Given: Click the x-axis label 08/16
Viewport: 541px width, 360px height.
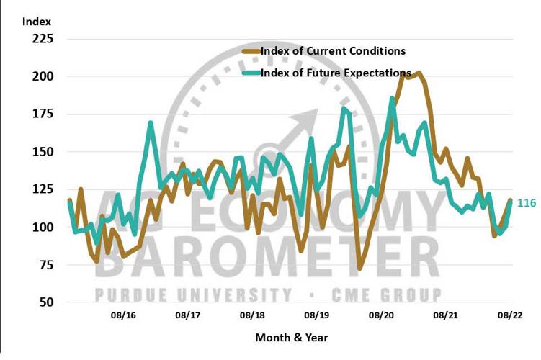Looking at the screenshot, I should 124,315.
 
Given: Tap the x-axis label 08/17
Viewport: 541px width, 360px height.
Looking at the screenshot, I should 188,315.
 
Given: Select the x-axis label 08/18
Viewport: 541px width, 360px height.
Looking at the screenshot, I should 253,315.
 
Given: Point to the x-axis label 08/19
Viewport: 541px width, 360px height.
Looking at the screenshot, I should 317,315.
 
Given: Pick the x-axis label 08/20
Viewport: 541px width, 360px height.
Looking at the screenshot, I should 382,315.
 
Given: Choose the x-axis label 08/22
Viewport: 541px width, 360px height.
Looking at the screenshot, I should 511,315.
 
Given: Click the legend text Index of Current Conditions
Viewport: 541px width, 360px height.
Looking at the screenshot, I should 333,51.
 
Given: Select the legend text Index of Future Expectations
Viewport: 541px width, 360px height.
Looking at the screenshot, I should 336,73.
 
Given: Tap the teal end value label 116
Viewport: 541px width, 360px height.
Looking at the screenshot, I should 527,204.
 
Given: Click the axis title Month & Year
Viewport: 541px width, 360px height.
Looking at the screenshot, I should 292,337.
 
